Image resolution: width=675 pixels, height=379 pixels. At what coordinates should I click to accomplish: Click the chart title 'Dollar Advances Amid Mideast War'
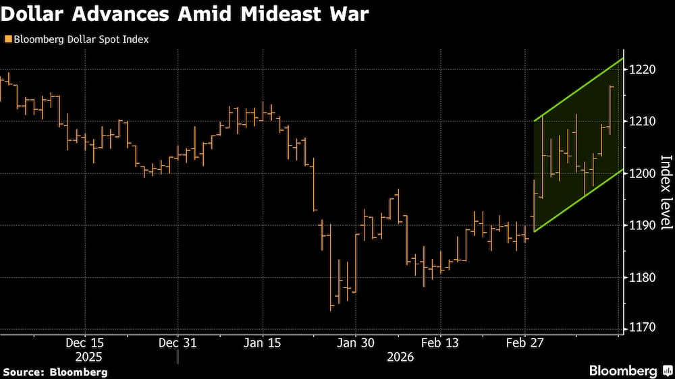click(186, 14)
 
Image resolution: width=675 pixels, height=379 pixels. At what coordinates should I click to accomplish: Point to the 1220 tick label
click(643, 69)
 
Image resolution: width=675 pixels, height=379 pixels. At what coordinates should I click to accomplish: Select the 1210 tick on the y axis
click(643, 121)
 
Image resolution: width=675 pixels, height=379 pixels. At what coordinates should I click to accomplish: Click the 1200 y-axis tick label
click(643, 173)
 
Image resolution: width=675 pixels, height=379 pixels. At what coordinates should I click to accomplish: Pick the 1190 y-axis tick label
click(643, 225)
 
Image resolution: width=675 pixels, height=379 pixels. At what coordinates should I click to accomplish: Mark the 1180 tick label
click(643, 277)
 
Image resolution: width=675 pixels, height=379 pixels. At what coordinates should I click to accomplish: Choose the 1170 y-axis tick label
click(643, 328)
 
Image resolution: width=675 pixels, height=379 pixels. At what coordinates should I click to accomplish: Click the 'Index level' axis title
click(665, 192)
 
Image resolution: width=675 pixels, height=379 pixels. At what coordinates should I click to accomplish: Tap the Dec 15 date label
click(85, 343)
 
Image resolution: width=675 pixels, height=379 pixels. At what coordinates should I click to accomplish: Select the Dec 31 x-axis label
click(178, 343)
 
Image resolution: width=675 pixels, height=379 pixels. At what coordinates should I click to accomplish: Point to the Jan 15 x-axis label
click(263, 343)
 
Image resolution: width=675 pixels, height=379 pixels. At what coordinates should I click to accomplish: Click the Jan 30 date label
click(355, 343)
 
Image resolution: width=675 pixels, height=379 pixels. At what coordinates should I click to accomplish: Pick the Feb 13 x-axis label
click(440, 343)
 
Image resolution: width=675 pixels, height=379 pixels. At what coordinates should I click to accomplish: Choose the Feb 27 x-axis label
click(525, 343)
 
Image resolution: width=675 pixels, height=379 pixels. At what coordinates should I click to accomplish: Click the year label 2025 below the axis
click(85, 356)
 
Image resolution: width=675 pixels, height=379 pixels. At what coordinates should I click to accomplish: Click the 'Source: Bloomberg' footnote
click(55, 372)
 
